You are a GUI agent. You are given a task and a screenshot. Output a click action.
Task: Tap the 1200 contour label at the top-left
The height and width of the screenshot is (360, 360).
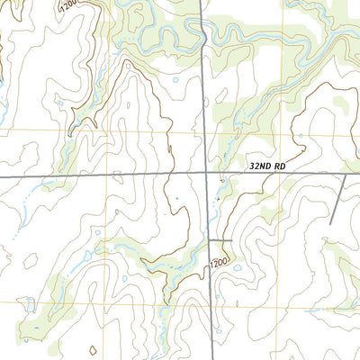pos(68,7)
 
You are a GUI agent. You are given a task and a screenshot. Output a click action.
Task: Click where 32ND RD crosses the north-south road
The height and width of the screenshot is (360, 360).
pos(208,172)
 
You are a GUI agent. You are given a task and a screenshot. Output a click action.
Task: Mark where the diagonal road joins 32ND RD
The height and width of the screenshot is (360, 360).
pos(346,174)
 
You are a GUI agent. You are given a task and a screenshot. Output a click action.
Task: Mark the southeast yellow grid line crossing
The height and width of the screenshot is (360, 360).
pos(295,301)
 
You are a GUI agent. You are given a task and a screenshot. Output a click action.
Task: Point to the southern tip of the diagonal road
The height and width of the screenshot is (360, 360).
pos(331,224)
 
